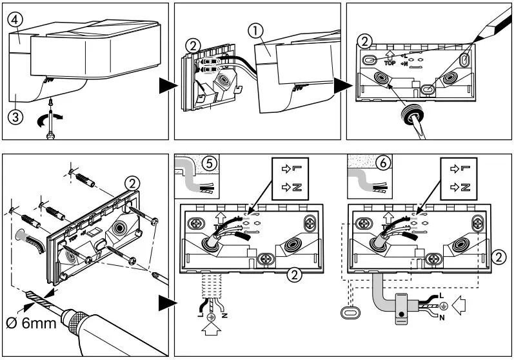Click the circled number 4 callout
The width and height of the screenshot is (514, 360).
(16, 19)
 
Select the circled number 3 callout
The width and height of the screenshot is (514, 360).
(15, 117)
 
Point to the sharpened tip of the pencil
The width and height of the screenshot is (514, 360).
(475, 42)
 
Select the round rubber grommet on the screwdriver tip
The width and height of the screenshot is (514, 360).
(411, 115)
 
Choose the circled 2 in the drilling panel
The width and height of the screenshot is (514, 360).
(132, 184)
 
